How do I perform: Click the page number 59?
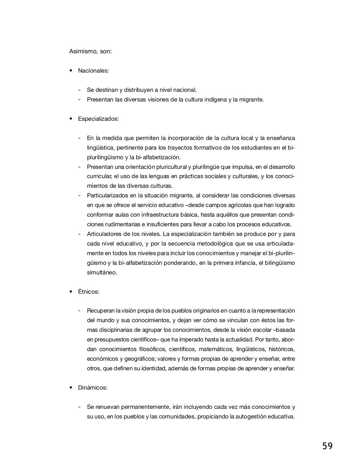327,446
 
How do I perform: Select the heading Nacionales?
93,71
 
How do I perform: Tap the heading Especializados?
98,119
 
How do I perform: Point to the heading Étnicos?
89,292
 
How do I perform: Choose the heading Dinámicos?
93,388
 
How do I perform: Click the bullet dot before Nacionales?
71,70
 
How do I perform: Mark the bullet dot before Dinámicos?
71,387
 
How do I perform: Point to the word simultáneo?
102,273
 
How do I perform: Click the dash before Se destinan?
79,90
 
